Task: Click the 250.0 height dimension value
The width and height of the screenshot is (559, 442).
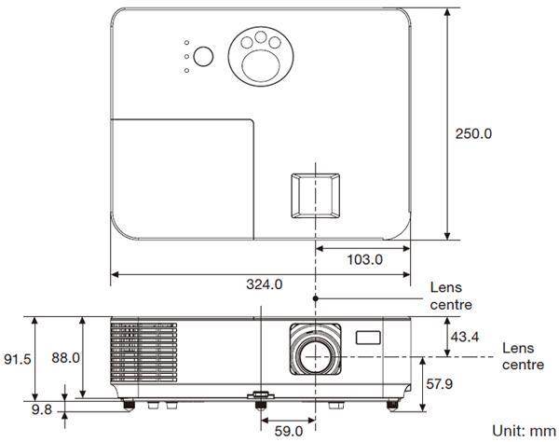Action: (473, 133)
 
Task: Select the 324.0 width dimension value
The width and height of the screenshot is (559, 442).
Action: (264, 283)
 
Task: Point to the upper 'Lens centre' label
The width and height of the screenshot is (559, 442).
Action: (451, 297)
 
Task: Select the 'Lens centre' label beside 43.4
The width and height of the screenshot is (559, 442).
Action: (523, 356)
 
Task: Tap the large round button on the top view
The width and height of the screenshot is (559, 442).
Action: (205, 57)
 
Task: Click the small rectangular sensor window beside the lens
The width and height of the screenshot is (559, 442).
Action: (369, 336)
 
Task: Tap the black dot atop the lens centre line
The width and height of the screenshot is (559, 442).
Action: (316, 297)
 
